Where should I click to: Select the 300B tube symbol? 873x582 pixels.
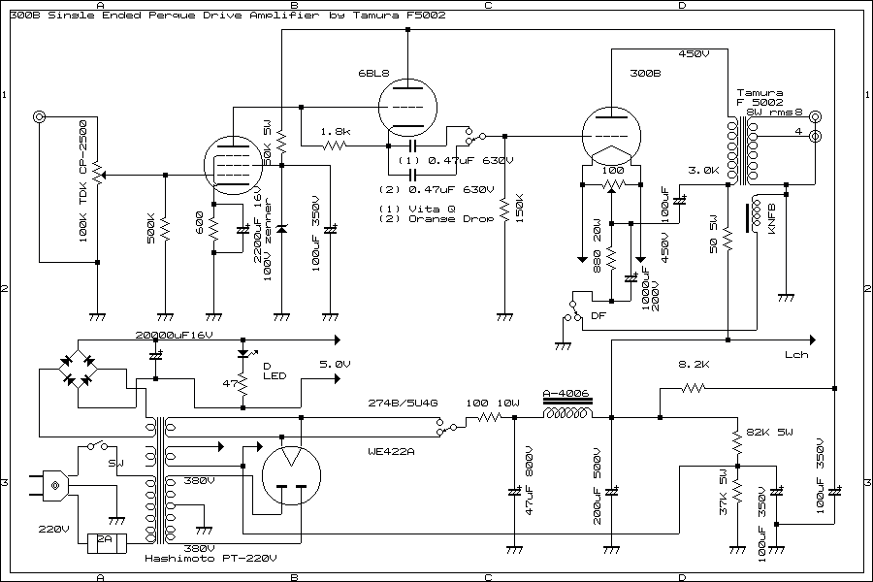point(609,136)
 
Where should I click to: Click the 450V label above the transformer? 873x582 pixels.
point(695,53)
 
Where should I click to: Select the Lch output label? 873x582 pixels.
point(797,355)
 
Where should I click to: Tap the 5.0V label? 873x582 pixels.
point(335,364)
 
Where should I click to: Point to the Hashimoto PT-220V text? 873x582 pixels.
point(210,559)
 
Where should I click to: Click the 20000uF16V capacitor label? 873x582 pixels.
point(173,335)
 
